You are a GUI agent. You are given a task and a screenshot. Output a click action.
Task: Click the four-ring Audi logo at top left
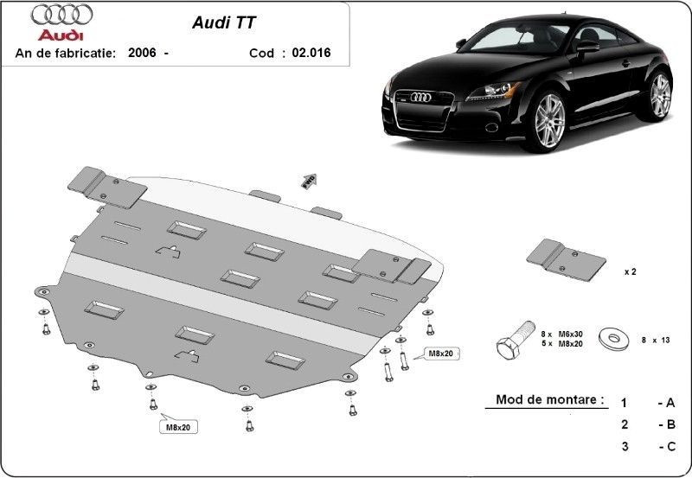[61, 15]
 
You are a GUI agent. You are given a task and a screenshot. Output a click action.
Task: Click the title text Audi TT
[224, 23]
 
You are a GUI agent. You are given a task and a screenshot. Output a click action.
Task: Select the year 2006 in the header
[142, 53]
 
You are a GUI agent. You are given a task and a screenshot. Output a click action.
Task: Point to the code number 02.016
[311, 53]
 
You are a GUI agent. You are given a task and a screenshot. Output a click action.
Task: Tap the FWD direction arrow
[310, 181]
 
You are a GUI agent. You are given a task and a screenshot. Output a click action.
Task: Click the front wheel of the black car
[549, 121]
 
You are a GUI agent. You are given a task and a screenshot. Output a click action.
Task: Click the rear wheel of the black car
[659, 96]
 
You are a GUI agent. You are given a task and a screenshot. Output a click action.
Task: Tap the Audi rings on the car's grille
[421, 98]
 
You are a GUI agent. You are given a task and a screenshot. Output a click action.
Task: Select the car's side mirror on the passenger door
[587, 46]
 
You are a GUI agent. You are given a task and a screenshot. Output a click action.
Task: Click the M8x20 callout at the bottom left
[178, 427]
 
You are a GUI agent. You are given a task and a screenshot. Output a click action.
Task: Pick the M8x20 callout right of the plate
[441, 354]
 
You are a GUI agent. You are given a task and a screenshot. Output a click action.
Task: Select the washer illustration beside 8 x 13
[613, 339]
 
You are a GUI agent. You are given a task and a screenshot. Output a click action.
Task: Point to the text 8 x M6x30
[561, 335]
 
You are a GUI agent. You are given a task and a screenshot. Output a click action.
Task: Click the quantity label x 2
[631, 272]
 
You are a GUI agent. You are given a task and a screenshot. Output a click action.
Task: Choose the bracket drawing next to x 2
[566, 260]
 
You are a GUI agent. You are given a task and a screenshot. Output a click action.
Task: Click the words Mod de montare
[550, 399]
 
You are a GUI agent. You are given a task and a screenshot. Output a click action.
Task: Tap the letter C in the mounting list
[671, 446]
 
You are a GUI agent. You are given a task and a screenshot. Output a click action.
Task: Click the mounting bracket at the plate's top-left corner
[107, 187]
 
